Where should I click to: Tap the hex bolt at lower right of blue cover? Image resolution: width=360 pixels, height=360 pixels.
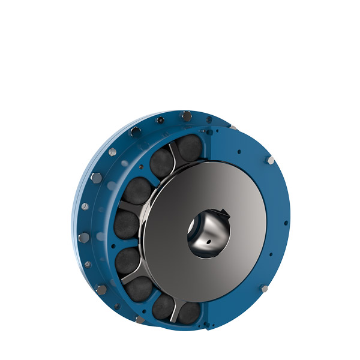point(265,289)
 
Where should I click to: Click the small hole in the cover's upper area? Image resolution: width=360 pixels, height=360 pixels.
point(239,152)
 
